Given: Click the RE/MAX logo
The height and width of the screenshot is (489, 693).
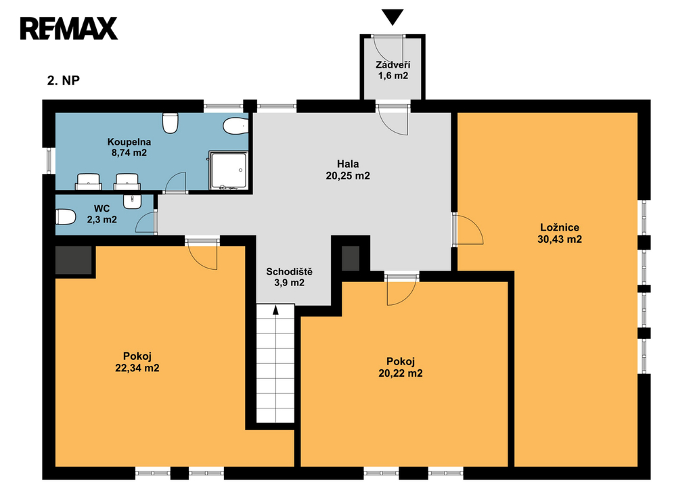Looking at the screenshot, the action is tap(68, 28).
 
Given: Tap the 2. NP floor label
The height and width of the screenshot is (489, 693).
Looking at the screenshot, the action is tap(64, 80).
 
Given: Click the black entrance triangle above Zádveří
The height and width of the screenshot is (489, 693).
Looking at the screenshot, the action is tap(393, 17).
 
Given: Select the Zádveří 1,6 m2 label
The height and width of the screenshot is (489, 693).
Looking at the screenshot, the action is tap(393, 70).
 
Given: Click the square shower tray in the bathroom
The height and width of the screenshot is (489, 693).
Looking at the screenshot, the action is tap(228, 170).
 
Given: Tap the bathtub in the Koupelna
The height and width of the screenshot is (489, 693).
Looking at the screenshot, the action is tap(236, 126).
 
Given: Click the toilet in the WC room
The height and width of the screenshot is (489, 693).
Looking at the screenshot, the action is tap(66, 217).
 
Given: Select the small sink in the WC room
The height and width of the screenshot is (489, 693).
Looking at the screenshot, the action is tap(132, 202).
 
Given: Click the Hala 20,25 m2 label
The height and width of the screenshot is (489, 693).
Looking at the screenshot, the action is tap(348, 170).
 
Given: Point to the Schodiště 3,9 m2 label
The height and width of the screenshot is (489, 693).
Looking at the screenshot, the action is tap(289, 277).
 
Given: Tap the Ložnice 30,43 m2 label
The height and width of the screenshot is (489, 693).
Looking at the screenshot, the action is tap(560, 233).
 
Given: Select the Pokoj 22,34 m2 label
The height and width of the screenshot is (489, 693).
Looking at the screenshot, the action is tap(137, 362).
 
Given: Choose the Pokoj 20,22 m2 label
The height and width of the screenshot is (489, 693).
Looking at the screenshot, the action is tap(401, 367).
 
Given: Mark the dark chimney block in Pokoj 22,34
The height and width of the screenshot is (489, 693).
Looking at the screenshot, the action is tap(73, 260).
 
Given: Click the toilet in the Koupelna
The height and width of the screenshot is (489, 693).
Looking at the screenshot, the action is tap(170, 123).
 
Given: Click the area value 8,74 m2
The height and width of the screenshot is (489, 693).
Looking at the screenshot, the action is tap(129, 154).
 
